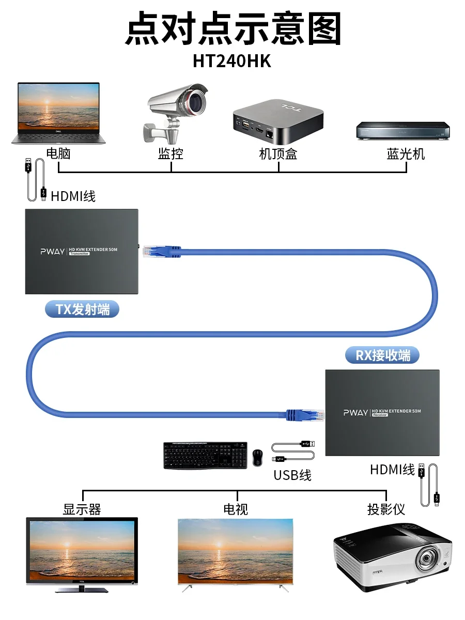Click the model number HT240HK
click(x=232, y=60)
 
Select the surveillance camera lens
click(x=196, y=101)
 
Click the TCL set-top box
click(x=277, y=122)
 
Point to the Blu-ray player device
click(x=402, y=130)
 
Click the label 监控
click(x=171, y=153)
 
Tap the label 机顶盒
click(x=277, y=153)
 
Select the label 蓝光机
click(x=406, y=153)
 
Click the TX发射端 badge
click(x=83, y=309)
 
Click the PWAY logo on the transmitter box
click(x=53, y=252)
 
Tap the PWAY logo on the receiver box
click(x=355, y=412)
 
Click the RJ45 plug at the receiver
click(x=305, y=413)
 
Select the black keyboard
click(x=205, y=455)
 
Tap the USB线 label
click(x=292, y=475)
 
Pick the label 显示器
click(x=82, y=509)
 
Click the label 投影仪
click(x=386, y=509)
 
